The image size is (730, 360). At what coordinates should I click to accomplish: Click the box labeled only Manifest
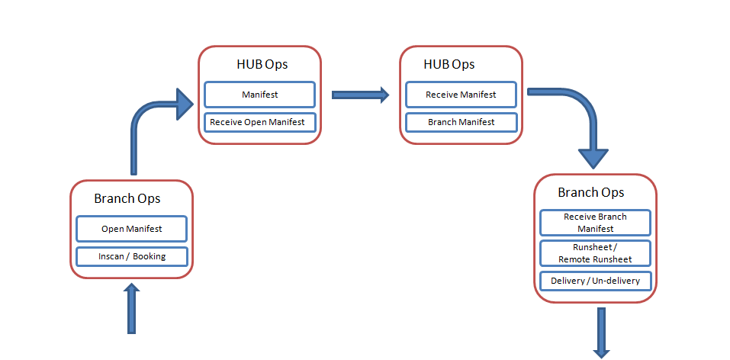pos(260,95)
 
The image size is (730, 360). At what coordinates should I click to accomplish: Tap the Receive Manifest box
pos(461,95)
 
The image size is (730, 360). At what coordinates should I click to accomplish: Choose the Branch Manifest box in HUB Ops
pos(461,123)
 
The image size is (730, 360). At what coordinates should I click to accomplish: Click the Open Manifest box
pos(132,229)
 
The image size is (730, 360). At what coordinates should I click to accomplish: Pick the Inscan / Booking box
pos(132,256)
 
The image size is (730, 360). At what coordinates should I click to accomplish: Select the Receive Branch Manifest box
pos(595,223)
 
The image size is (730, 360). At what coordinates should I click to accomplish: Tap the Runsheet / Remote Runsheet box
pos(595,253)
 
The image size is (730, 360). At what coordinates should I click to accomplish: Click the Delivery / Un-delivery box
pos(595,281)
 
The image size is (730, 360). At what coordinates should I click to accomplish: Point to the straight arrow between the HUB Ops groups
pos(360,95)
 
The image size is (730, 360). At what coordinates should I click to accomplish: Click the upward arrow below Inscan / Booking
pos(132,308)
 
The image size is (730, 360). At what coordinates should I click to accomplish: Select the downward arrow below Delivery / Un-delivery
pos(602,333)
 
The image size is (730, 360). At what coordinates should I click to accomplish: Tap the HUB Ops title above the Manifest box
pos(262,64)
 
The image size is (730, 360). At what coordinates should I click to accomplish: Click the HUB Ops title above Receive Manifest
pos(449,64)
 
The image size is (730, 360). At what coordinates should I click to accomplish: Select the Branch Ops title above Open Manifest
pos(127,198)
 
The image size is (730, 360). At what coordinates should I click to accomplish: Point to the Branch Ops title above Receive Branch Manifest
pos(591,192)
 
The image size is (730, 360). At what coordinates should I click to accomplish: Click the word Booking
pos(150,256)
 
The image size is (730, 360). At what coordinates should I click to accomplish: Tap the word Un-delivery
pos(617,281)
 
